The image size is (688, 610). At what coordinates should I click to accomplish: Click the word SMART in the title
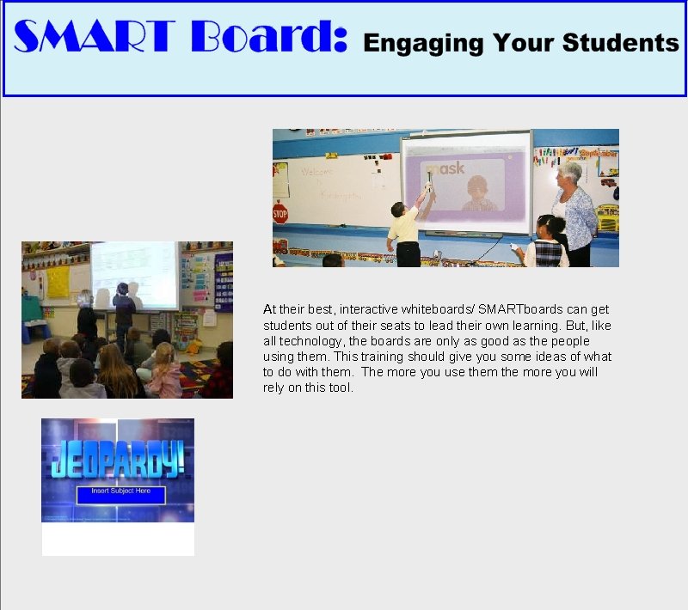[x=95, y=39]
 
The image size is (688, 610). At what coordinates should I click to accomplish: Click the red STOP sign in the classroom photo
[x=279, y=213]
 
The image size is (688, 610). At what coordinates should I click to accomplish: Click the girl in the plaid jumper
[x=547, y=244]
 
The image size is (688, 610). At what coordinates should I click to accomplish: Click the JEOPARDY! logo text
[x=118, y=460]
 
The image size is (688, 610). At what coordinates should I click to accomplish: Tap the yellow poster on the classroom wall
[x=58, y=281]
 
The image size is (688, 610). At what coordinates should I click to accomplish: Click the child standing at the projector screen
[x=124, y=309]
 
